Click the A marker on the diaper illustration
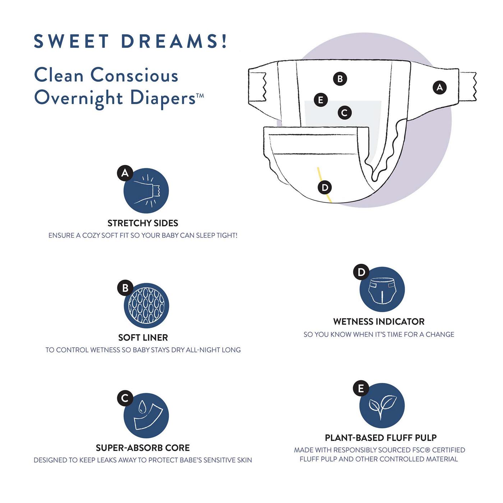pos(439,87)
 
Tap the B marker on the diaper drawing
pos(340,79)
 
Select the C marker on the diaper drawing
pos(345,113)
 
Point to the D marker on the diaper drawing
pos(325,188)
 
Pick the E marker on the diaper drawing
pos(321,100)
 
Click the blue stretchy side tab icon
pos(146,190)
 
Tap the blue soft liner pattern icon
pos(146,306)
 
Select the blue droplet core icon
pos(146,416)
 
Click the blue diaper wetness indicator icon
pos(382,290)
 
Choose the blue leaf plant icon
pos(382,406)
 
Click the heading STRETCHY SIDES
pos(143,223)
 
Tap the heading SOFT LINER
pos(143,337)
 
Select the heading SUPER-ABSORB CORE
pos(143,448)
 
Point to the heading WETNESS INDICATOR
pos(379,322)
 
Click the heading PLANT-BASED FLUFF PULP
pos(381,438)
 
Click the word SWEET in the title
pos(71,41)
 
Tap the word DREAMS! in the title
pos(174,41)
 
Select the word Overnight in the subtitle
pos(78,99)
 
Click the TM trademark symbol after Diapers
pos(200,96)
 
